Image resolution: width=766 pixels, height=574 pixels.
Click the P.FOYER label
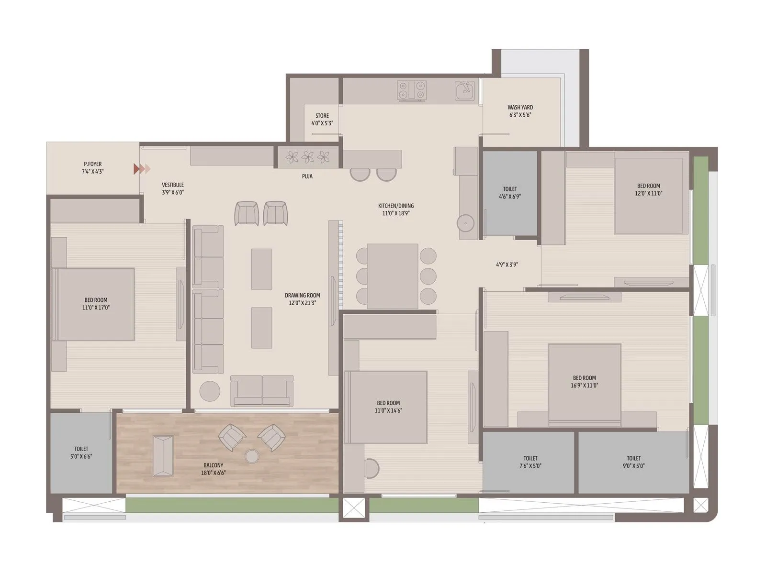click(92, 167)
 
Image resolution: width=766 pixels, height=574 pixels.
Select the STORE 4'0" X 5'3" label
click(322, 119)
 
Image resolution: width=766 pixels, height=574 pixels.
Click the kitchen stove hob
click(412, 90)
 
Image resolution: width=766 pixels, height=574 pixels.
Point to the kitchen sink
click(464, 90)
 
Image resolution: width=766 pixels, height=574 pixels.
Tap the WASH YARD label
click(520, 111)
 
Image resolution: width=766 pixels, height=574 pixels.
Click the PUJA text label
click(307, 177)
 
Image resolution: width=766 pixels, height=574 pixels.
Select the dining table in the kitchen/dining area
click(393, 276)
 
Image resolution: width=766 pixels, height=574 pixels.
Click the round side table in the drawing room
click(210, 391)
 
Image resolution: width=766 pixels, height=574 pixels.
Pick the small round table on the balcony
click(252, 456)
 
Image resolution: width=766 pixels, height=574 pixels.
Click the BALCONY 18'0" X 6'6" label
click(213, 469)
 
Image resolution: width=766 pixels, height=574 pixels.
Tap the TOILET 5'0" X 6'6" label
click(81, 453)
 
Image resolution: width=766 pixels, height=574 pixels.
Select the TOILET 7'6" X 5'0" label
click(530, 462)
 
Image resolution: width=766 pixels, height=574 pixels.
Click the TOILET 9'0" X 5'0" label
click(633, 462)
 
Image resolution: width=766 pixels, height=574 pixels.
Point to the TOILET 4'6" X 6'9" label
click(510, 192)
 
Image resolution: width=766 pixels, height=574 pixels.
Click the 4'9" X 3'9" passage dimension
click(507, 265)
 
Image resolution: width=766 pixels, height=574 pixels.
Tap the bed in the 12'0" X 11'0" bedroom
click(648, 196)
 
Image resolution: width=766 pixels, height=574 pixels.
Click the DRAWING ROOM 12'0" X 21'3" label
click(303, 299)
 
